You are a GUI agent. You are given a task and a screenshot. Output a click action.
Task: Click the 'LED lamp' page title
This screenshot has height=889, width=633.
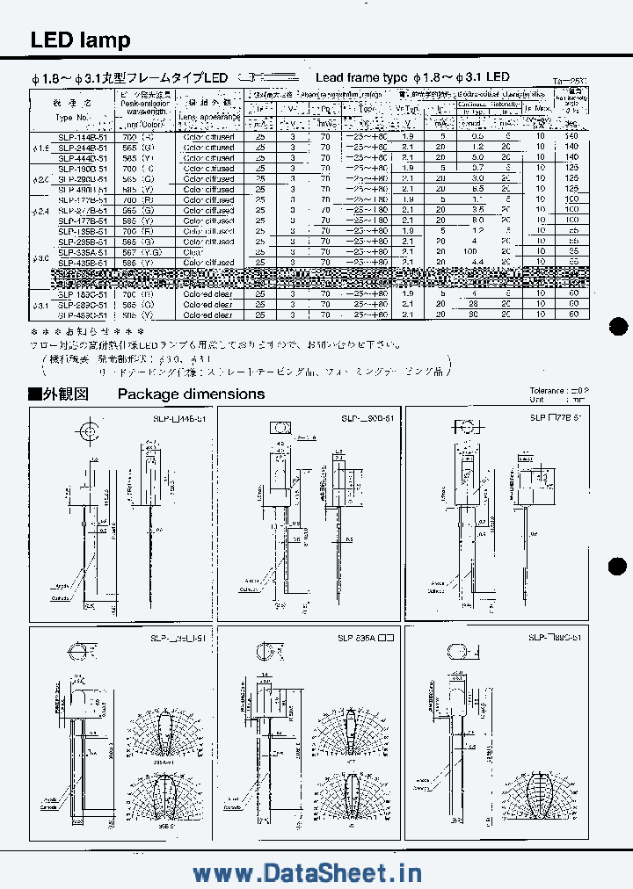[80, 40]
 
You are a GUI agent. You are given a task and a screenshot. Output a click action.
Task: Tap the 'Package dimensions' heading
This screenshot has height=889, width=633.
[191, 394]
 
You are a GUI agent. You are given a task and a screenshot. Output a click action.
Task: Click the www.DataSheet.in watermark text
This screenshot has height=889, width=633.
[307, 872]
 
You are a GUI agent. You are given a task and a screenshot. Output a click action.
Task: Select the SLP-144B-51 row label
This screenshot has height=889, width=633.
[84, 137]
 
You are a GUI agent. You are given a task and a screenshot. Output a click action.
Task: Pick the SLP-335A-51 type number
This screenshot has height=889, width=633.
[84, 251]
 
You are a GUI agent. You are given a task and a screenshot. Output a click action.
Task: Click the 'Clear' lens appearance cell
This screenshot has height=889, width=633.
[193, 251]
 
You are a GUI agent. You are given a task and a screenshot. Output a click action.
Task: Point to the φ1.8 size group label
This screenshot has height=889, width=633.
[40, 148]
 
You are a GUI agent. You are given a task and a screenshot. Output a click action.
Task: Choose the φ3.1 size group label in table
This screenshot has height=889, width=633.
[40, 304]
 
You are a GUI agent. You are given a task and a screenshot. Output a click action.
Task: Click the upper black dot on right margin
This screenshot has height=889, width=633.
[619, 326]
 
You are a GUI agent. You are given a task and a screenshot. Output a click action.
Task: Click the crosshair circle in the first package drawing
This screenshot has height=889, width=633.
[89, 432]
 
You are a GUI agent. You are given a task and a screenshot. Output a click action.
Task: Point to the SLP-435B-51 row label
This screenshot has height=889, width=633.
[84, 262]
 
